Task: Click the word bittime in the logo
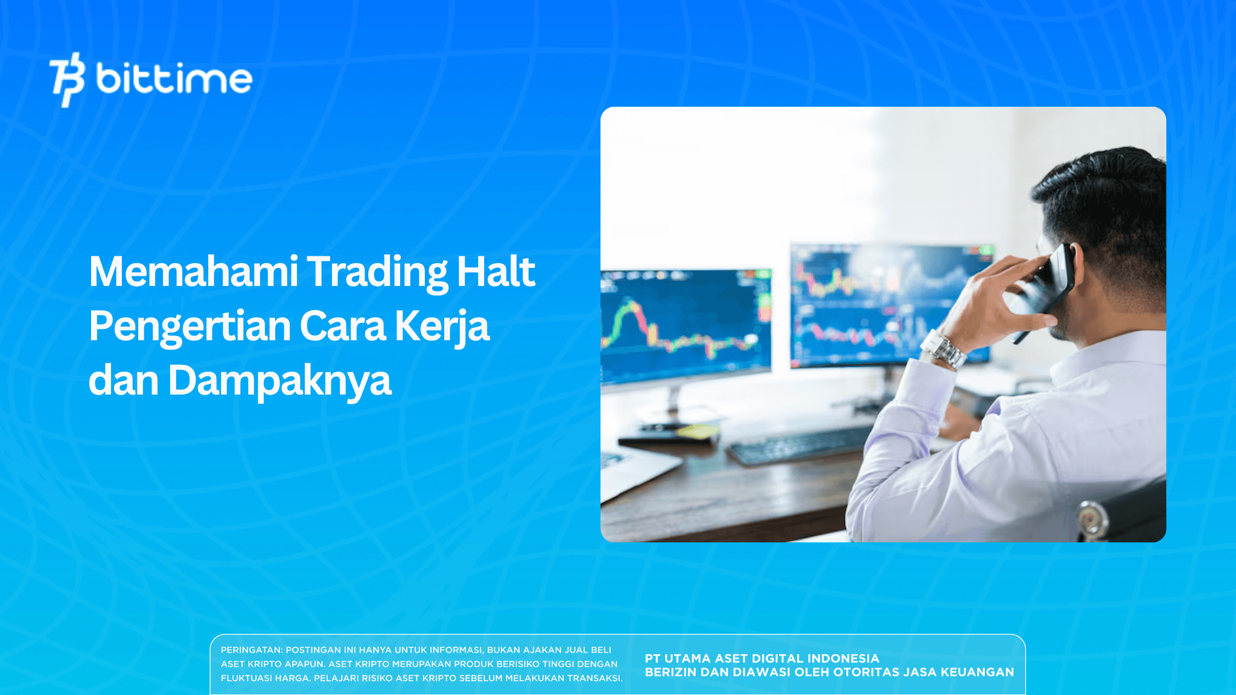pyautogui.click(x=174, y=80)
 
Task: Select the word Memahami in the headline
pyautogui.click(x=193, y=272)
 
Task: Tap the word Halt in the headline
pyautogui.click(x=495, y=272)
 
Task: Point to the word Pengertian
pyautogui.click(x=190, y=327)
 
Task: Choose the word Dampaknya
pyautogui.click(x=279, y=381)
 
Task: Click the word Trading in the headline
pyautogui.click(x=377, y=272)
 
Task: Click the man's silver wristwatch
pyautogui.click(x=943, y=349)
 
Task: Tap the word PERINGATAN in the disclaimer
pyautogui.click(x=251, y=650)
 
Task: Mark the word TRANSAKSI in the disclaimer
pyautogui.click(x=594, y=678)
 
